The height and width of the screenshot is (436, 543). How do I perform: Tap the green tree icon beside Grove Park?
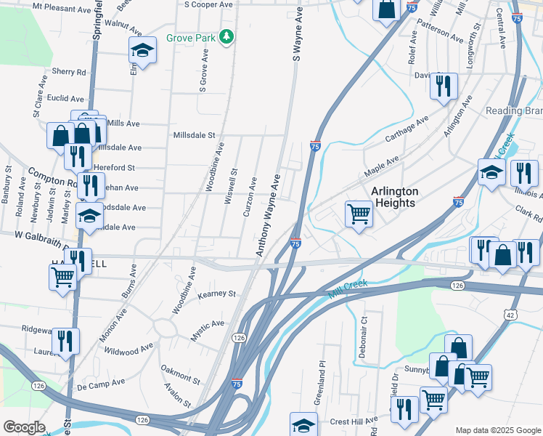[x=226, y=36]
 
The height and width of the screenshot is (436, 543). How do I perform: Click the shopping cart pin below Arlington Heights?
[x=358, y=214]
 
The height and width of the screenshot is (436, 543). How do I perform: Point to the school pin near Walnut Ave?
[x=143, y=50]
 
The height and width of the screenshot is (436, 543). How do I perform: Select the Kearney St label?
[x=218, y=294]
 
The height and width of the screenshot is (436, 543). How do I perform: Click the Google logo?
[x=24, y=427]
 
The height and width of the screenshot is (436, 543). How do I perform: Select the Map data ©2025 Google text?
[x=497, y=430]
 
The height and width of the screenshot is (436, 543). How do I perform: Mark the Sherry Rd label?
[x=69, y=72]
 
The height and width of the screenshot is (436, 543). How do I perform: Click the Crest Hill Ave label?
[x=354, y=420]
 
